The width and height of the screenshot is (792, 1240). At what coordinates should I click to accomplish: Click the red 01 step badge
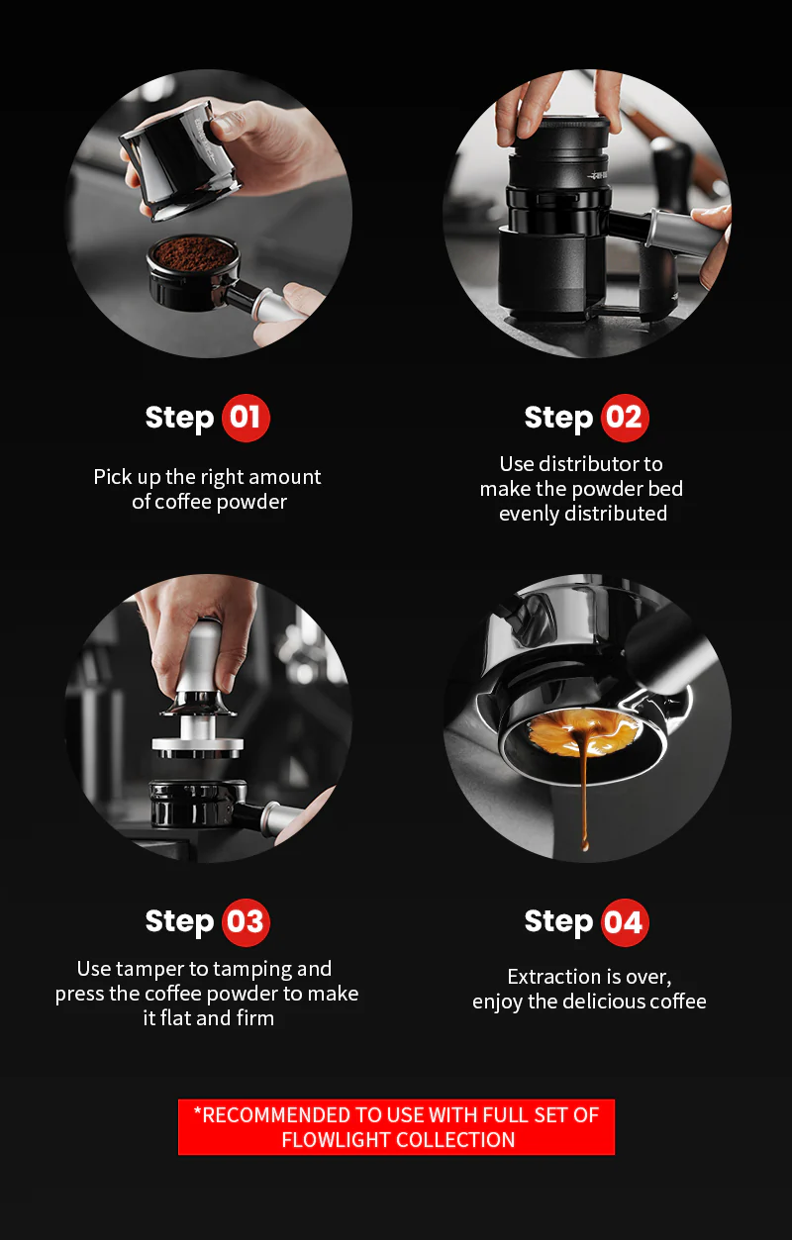(x=246, y=418)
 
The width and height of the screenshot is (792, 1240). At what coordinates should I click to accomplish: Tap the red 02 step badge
(x=625, y=418)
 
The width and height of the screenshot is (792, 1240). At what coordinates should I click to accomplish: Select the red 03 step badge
(x=246, y=922)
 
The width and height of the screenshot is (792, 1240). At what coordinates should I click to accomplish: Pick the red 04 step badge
(x=625, y=922)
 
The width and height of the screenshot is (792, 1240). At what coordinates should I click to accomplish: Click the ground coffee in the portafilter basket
(x=193, y=253)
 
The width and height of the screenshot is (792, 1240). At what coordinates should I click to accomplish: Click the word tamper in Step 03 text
(x=150, y=970)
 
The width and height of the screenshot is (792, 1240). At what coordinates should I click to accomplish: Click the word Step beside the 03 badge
(x=179, y=922)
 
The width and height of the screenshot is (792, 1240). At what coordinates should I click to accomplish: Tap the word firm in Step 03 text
(x=255, y=1018)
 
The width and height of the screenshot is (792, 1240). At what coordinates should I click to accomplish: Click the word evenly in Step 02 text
(x=529, y=515)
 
